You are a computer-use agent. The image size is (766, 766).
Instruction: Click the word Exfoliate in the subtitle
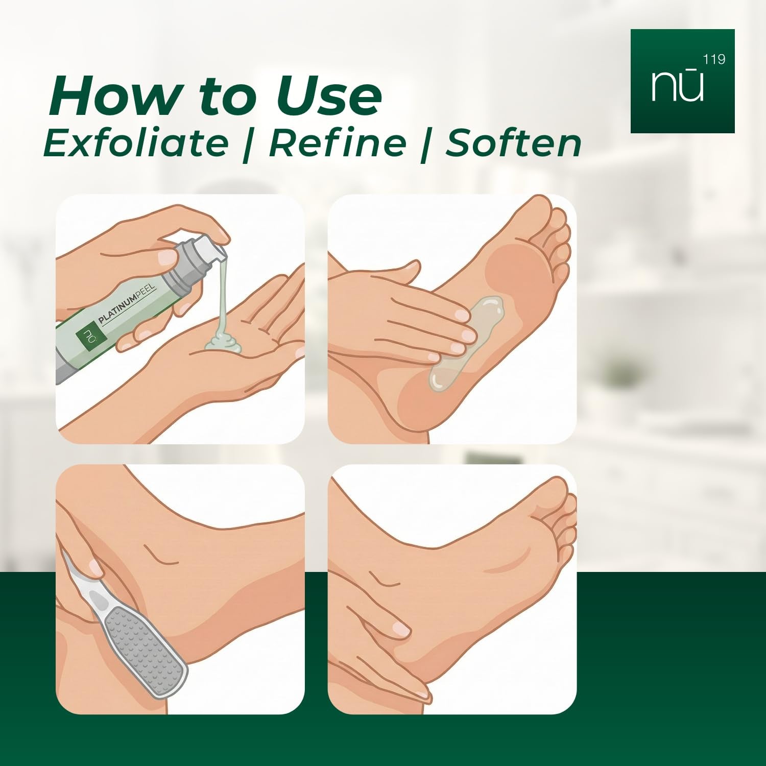136,143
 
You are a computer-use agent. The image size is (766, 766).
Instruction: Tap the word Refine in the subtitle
338,143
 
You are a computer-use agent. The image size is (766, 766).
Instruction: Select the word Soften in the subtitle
514,143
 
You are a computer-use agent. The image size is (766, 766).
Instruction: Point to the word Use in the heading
329,96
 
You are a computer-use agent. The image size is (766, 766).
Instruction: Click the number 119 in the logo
714,60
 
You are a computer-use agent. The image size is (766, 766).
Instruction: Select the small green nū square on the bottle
87,337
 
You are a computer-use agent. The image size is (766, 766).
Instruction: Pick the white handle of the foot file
82,582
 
